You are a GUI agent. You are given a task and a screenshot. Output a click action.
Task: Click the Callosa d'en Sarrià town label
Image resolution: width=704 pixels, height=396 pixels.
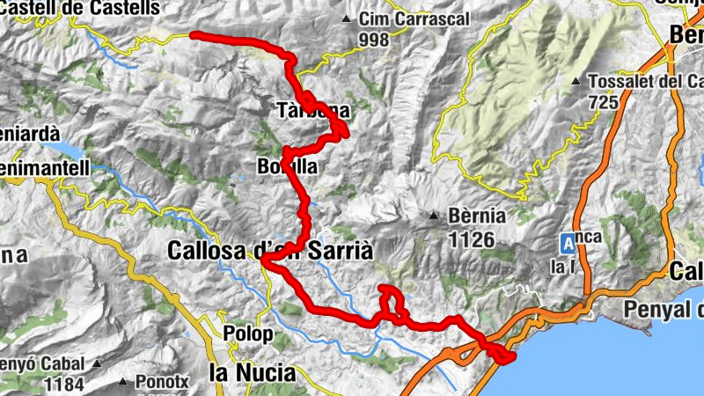pyautogui.click(x=270, y=251)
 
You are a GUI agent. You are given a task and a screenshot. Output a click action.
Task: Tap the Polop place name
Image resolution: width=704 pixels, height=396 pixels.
pyautogui.click(x=251, y=336)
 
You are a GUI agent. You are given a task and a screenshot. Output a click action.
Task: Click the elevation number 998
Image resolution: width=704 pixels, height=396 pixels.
pyautogui.click(x=374, y=39)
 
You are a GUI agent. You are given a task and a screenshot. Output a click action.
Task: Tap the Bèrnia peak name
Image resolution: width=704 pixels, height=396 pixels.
pyautogui.click(x=475, y=215)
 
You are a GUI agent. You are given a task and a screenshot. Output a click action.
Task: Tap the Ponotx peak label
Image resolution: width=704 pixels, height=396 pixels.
pyautogui.click(x=158, y=383)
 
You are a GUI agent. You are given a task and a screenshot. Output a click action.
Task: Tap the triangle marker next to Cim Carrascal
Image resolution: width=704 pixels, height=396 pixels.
pyautogui.click(x=347, y=18)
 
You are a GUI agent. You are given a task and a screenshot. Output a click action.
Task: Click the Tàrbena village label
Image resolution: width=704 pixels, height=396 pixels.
pyautogui.click(x=313, y=112)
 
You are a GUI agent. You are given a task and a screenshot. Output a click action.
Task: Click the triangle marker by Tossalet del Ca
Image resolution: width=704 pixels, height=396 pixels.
pyautogui.click(x=576, y=83)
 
